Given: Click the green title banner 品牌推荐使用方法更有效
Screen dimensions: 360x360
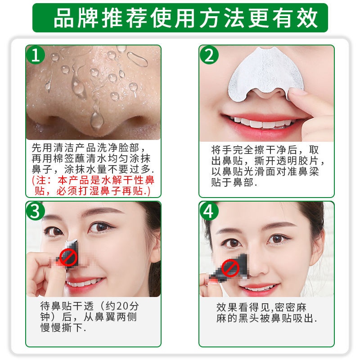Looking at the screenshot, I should click(x=180, y=17).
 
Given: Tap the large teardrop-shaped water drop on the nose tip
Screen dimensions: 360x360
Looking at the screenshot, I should click(x=95, y=119).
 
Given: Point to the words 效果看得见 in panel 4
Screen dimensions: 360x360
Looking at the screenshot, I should click(x=238, y=308).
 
